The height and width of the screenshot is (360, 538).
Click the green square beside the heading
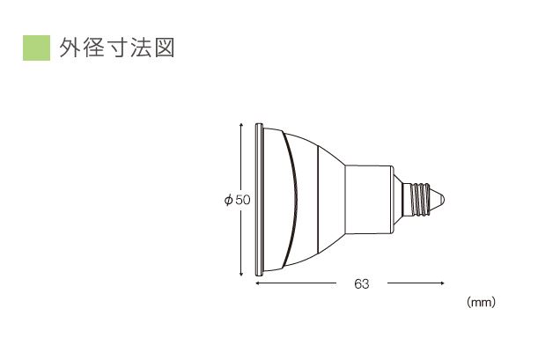click(x=35, y=48)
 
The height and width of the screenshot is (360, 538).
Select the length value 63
click(x=361, y=283)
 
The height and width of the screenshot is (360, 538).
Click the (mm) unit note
click(x=481, y=302)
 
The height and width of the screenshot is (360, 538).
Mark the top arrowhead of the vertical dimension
click(x=242, y=125)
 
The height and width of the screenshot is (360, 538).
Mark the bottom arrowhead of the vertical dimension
click(x=242, y=276)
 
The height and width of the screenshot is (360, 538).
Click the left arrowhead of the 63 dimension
click(x=258, y=283)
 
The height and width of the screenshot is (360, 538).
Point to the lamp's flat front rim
click(x=257, y=199)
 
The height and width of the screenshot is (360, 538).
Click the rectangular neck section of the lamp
click(x=370, y=200)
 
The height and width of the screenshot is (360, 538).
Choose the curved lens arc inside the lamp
click(x=294, y=199)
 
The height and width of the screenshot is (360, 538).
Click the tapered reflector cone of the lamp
click(x=328, y=200)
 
